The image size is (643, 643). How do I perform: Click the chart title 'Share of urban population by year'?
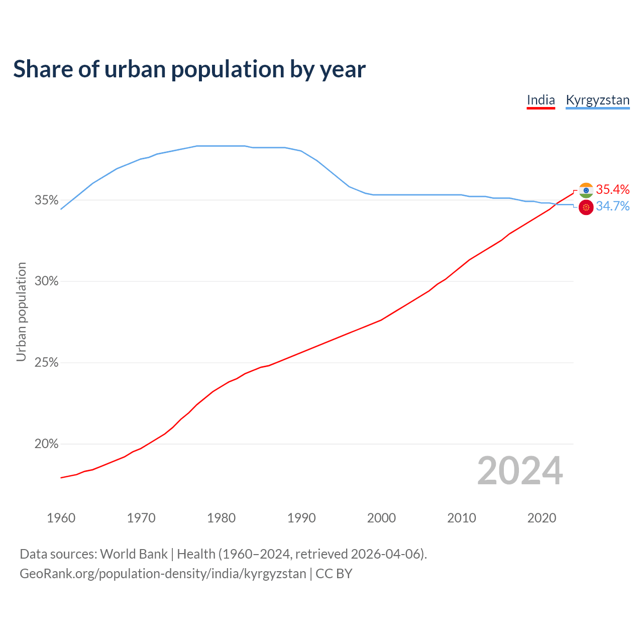(189, 69)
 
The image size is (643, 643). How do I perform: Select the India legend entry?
(541, 100)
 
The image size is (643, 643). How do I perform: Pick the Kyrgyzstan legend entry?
(597, 100)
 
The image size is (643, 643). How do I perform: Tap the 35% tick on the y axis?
(46, 200)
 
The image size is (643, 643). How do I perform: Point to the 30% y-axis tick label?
(46, 281)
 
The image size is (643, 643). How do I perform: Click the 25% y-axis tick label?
(46, 363)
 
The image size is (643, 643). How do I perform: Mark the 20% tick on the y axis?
(46, 444)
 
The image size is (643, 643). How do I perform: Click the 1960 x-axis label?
(61, 518)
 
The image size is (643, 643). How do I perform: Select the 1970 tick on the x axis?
(141, 518)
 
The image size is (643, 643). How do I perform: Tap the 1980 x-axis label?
(221, 518)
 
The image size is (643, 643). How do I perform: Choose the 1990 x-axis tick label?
(301, 518)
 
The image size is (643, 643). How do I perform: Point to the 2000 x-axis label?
(381, 518)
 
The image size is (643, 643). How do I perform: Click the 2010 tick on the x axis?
(462, 518)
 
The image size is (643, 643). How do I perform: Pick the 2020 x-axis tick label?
(542, 518)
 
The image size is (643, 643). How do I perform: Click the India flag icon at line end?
(586, 190)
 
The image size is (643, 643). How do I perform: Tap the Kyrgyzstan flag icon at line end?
(586, 207)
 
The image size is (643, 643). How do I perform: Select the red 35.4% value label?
(613, 189)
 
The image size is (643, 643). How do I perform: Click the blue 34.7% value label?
(613, 206)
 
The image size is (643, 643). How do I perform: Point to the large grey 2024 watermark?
(520, 471)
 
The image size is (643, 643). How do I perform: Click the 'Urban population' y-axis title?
(21, 311)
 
